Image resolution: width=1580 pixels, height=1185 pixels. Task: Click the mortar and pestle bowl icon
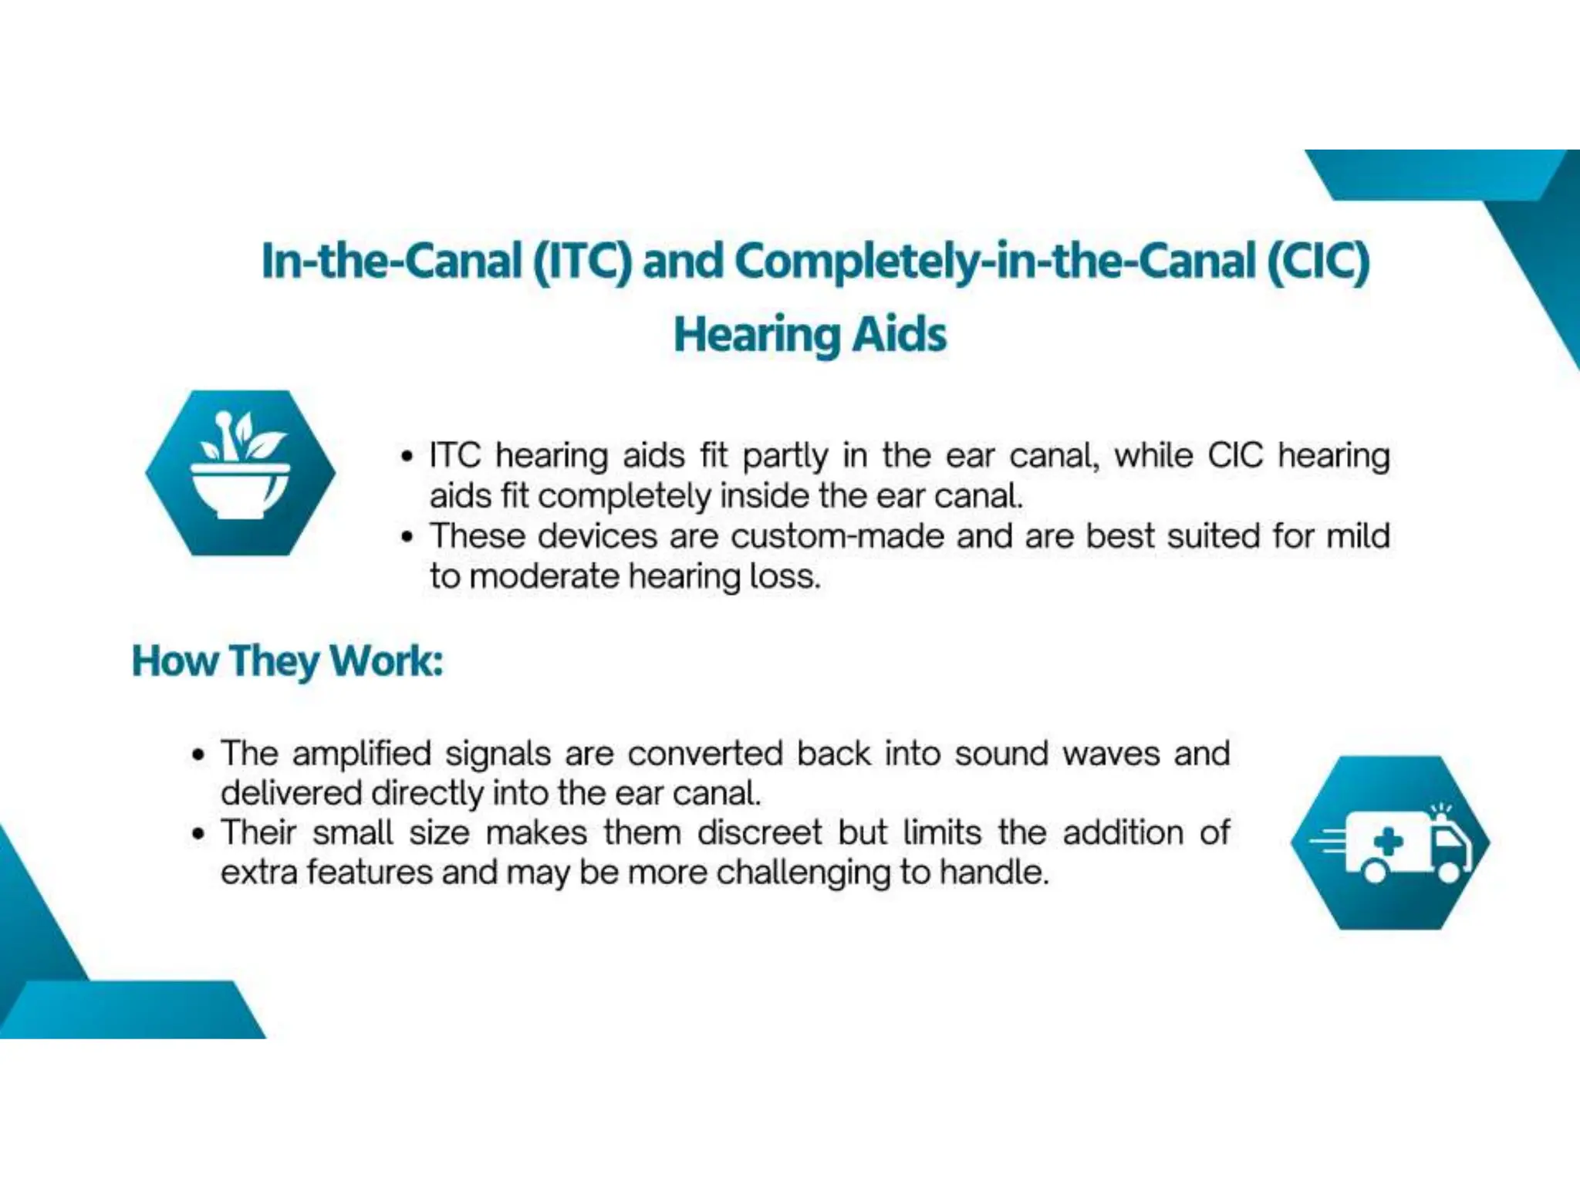pyautogui.click(x=240, y=472)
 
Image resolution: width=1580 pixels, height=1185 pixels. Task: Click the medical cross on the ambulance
pyautogui.click(x=1388, y=842)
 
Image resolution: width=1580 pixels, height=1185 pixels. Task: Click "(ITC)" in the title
pyautogui.click(x=582, y=261)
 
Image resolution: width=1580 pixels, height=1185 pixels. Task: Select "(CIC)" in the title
pyautogui.click(x=1318, y=261)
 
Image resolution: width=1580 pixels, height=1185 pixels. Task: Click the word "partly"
pyautogui.click(x=785, y=456)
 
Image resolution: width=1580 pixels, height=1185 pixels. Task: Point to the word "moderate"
pyautogui.click(x=543, y=576)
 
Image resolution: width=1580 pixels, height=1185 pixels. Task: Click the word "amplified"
pyautogui.click(x=361, y=754)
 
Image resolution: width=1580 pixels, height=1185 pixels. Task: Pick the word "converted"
pyautogui.click(x=705, y=754)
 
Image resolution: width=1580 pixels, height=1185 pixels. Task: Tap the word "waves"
pyautogui.click(x=1110, y=754)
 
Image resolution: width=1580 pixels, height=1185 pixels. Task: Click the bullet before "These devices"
pyautogui.click(x=407, y=536)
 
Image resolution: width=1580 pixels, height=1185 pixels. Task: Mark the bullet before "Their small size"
pyautogui.click(x=199, y=834)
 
